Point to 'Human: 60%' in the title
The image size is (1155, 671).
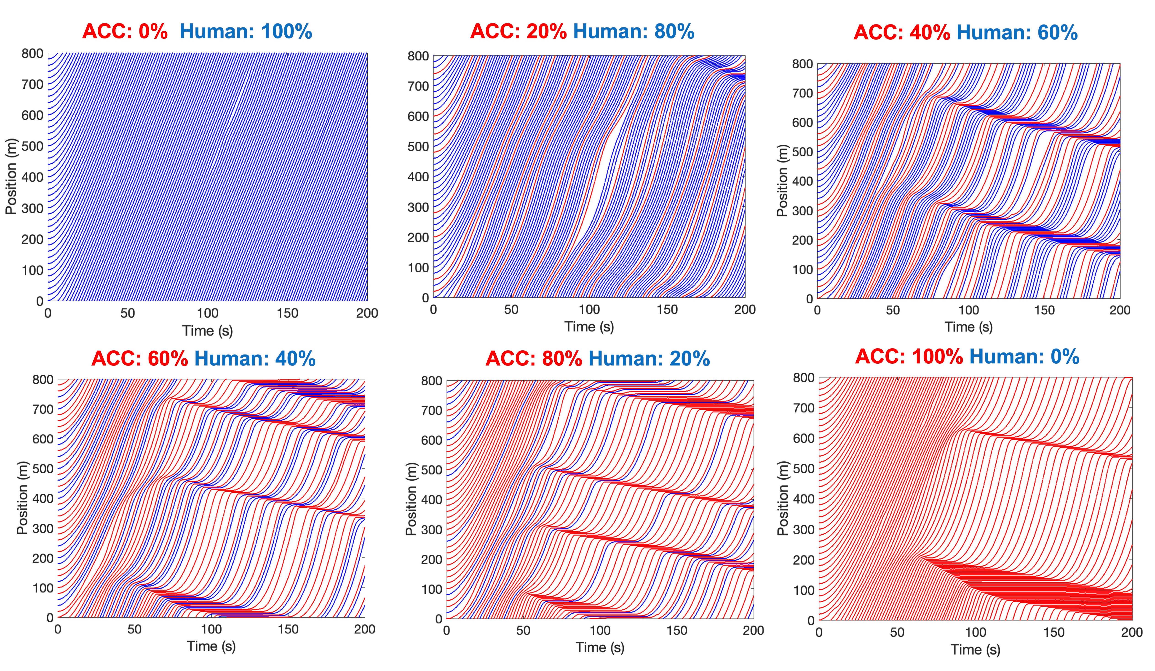(x=1017, y=32)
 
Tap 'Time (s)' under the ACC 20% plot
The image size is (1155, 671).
(x=589, y=327)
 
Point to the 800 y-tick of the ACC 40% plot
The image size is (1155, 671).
(x=802, y=64)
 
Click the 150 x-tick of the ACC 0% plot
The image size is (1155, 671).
(x=287, y=313)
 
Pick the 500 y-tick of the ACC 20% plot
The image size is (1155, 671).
(x=418, y=147)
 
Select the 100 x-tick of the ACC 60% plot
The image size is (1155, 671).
(x=211, y=629)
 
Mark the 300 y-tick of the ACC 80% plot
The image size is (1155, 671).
(x=431, y=530)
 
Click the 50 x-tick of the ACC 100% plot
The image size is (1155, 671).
(x=897, y=633)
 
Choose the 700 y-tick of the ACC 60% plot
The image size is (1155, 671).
(x=43, y=409)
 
